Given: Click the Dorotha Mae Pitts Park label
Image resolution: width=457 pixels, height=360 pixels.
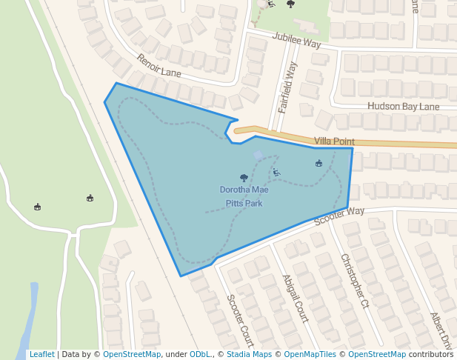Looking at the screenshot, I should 244,196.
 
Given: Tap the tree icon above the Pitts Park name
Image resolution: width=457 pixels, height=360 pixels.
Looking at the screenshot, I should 244,178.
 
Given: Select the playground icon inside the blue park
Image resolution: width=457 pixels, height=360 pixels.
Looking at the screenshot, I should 276,173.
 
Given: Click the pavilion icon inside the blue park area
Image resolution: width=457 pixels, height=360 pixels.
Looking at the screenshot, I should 318,163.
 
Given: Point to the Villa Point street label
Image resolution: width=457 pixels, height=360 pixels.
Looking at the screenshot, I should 334,141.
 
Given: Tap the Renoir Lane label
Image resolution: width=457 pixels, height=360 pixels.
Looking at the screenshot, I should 159,65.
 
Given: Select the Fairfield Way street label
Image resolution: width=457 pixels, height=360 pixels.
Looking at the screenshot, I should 287,87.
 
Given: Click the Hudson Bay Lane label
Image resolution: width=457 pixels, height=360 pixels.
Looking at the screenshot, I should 403,107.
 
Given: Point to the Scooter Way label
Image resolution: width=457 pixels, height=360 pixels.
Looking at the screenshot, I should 339,216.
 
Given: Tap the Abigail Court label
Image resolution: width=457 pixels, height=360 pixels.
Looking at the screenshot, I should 295,299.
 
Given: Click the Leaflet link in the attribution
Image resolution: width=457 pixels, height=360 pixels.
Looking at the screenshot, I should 41,354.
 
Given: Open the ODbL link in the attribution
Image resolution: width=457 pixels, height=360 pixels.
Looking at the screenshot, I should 199,354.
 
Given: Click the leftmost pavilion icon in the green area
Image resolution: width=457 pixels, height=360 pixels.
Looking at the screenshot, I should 37,207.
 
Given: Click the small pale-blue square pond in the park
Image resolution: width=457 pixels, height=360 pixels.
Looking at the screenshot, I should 258,155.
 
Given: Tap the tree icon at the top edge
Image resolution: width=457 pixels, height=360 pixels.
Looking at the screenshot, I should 290,4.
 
